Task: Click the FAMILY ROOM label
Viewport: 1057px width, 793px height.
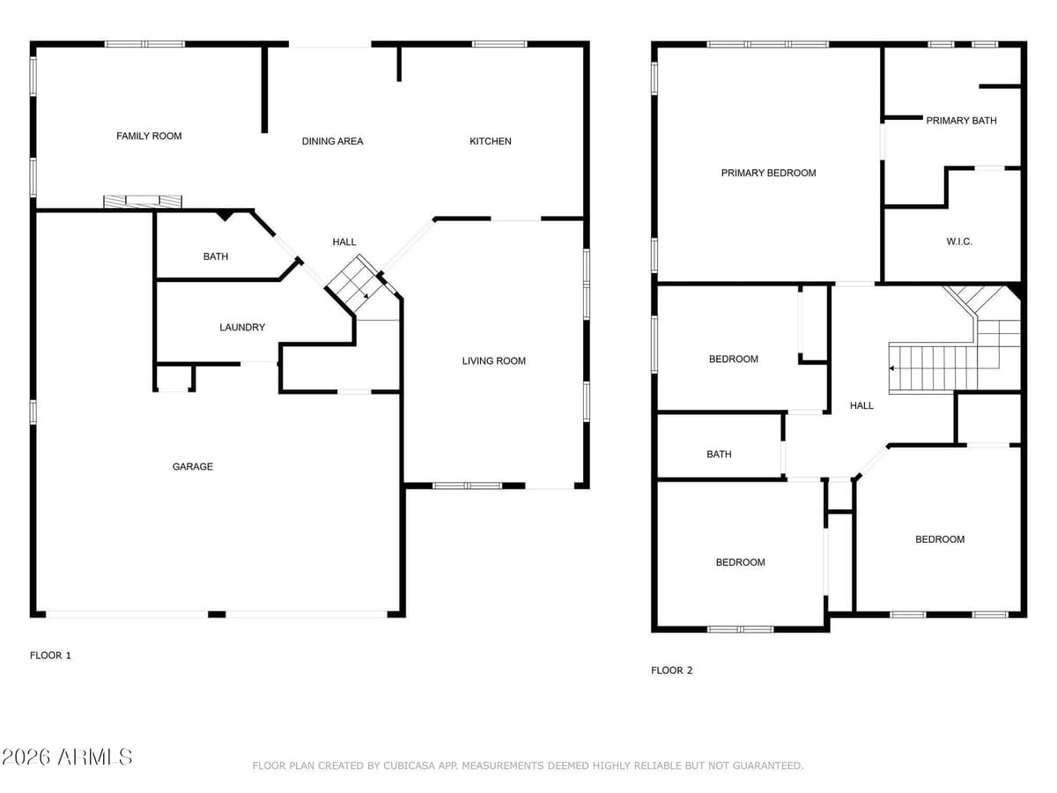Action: tap(149, 136)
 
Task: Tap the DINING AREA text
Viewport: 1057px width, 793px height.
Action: tap(332, 141)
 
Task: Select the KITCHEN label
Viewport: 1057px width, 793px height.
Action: tap(490, 141)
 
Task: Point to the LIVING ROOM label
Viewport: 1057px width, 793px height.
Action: tap(493, 360)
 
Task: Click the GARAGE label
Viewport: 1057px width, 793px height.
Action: tap(192, 466)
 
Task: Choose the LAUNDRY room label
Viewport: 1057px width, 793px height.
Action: tap(242, 327)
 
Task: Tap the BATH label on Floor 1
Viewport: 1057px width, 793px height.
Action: tap(215, 256)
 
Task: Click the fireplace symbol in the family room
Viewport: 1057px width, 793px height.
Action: tap(143, 202)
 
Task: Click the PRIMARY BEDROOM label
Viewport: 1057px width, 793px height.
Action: tap(768, 173)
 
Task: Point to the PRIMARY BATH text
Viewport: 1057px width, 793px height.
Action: tap(961, 120)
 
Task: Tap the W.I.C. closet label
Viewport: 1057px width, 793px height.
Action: tap(959, 241)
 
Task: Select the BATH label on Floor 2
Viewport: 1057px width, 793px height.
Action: tap(719, 454)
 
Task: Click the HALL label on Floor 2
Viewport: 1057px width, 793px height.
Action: tap(861, 405)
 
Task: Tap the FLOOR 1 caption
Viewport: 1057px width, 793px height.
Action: tap(51, 655)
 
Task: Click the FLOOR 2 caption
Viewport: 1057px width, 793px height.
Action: tap(671, 670)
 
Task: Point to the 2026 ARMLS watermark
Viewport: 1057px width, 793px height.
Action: tap(67, 756)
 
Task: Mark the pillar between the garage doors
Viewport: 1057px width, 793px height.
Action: tap(217, 613)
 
